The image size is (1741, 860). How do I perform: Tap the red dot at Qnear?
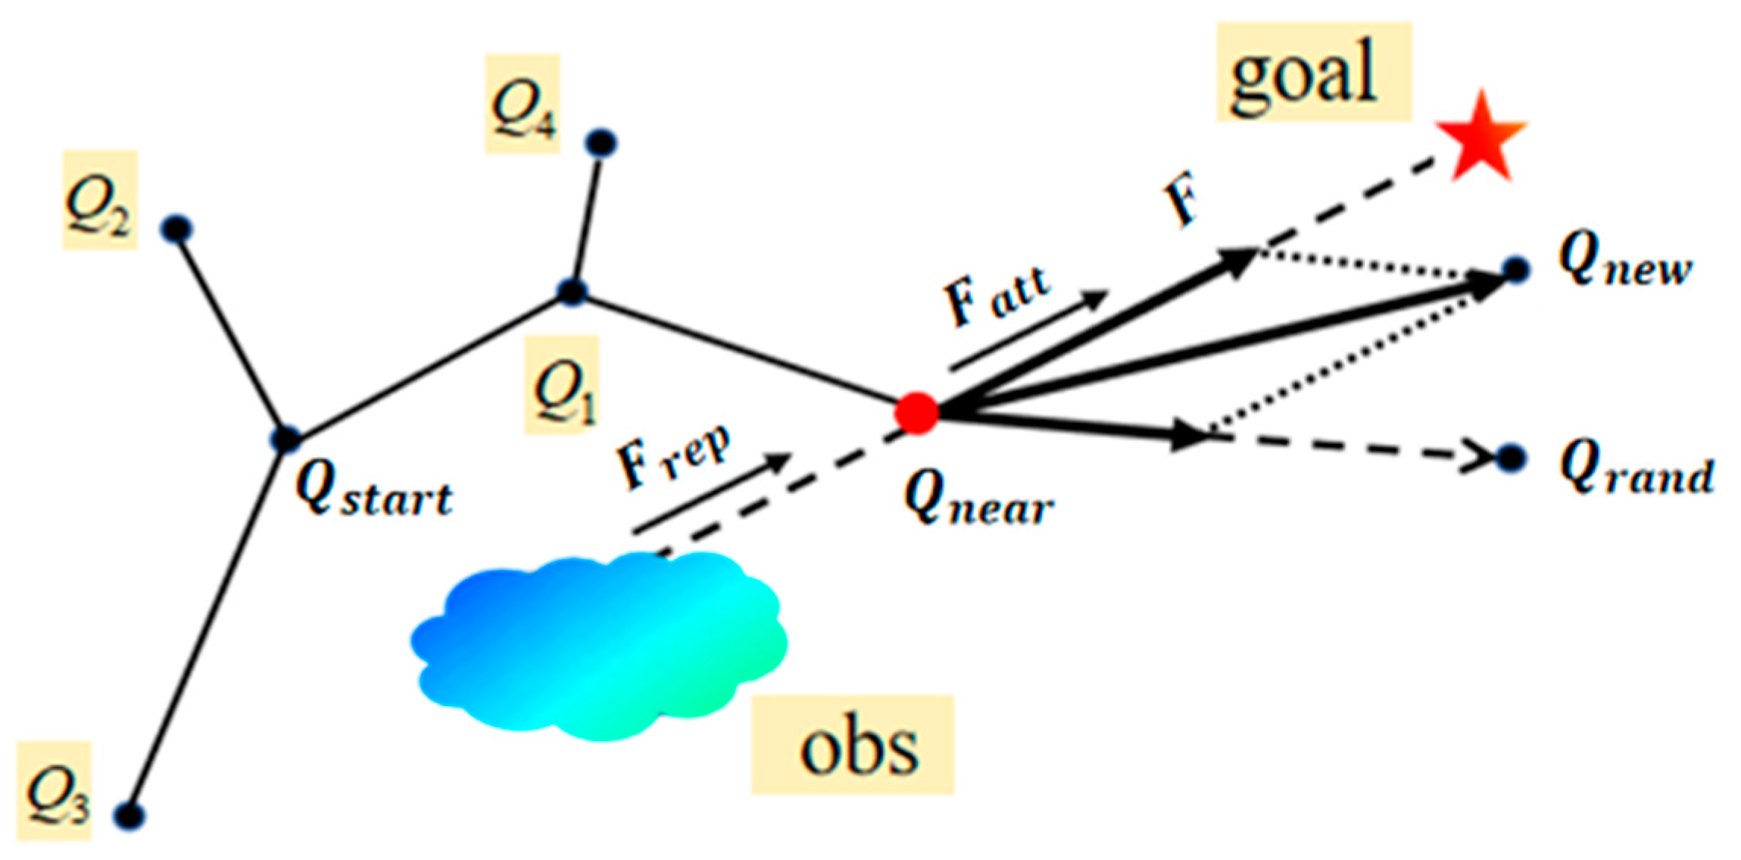point(916,413)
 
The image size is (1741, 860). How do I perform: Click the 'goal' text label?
point(1313,73)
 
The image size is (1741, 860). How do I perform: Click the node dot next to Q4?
point(602,142)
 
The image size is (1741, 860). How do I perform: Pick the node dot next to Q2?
point(177,229)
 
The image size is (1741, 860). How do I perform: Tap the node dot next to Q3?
point(129,816)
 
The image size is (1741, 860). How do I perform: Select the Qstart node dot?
point(286,439)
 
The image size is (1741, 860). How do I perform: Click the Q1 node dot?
point(573,291)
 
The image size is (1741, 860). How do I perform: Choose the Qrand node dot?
point(1512,458)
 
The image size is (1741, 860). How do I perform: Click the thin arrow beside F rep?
point(712,493)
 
